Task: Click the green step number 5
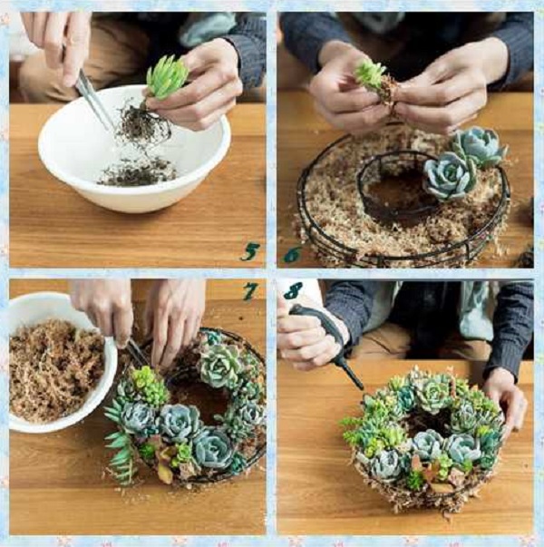[x=250, y=252]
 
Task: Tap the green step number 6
[x=292, y=255]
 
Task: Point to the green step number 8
[x=293, y=291]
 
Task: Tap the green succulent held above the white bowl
[x=167, y=77]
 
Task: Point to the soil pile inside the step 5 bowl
[x=138, y=171]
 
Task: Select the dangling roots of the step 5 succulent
[x=143, y=124]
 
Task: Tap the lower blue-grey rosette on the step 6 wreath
[x=450, y=176]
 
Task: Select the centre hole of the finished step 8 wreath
[x=428, y=422]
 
